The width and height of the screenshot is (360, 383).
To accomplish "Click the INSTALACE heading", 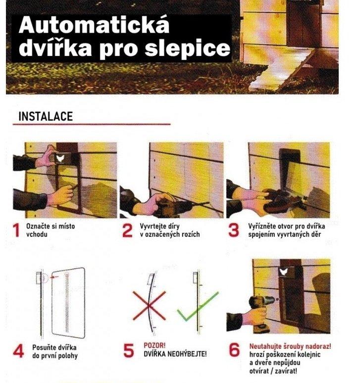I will point(46,116).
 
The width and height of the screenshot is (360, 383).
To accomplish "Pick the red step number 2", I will point(127,230).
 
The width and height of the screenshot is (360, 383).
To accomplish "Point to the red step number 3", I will point(234,230).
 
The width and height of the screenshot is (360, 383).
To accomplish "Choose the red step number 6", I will point(234,350).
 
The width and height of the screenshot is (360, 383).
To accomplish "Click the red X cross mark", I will point(149,305).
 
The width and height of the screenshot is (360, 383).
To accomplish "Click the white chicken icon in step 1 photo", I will point(60,157).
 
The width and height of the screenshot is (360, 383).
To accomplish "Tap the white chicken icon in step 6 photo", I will point(284,272).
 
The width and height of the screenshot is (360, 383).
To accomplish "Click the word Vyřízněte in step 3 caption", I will point(263,226).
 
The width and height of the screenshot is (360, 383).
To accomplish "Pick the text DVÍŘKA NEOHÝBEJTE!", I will point(174,354).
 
